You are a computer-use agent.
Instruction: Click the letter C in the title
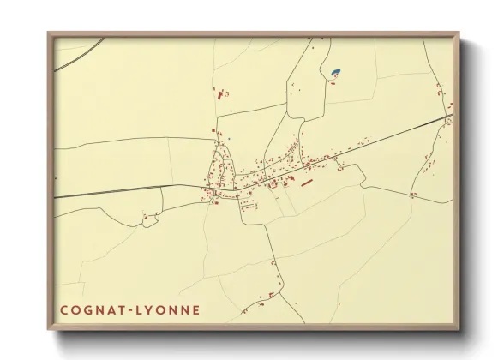(63, 309)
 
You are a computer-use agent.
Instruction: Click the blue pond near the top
(335, 71)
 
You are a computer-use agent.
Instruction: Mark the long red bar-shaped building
(307, 182)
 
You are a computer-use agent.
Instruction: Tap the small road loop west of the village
(151, 218)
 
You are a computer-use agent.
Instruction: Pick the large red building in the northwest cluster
(218, 94)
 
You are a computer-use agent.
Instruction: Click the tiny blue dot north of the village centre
(230, 137)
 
